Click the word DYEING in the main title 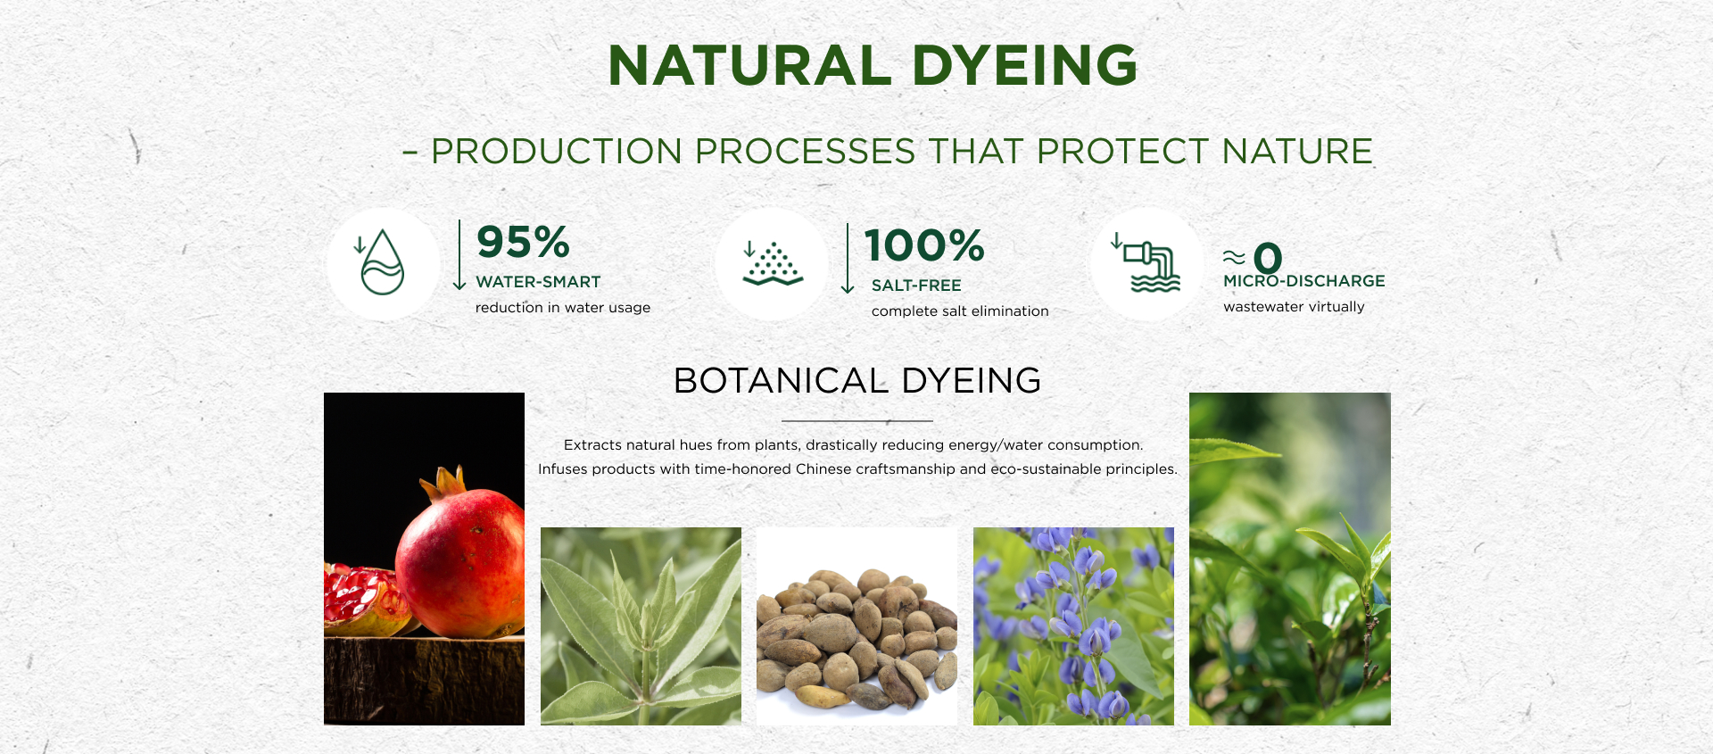[x=1024, y=65]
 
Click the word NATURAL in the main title [x=749, y=65]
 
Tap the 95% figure [x=523, y=242]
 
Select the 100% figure [x=924, y=245]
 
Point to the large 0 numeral [x=1268, y=259]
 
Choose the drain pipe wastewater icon [x=1148, y=263]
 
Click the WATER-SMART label [x=538, y=282]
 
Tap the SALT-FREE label [x=916, y=286]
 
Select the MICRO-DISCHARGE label [x=1304, y=281]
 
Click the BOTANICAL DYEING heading [x=857, y=381]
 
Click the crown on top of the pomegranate [x=444, y=483]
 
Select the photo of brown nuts [x=856, y=626]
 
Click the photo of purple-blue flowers [x=1073, y=626]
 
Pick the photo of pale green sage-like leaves [x=641, y=626]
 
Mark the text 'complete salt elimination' [x=960, y=311]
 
